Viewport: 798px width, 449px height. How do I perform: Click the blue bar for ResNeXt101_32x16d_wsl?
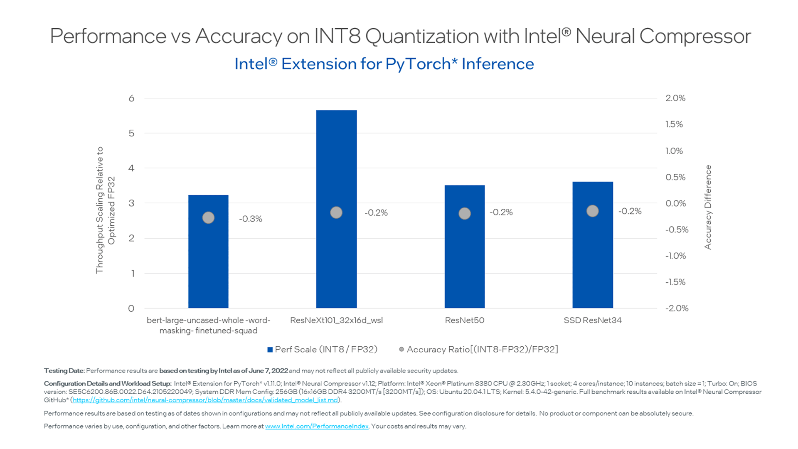[x=336, y=258]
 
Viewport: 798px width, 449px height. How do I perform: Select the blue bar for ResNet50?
[x=464, y=266]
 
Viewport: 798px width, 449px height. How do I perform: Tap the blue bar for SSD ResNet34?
[x=592, y=266]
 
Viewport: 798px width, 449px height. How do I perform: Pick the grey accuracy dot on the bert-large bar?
[x=208, y=217]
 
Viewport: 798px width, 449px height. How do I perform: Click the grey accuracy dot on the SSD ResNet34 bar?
[x=592, y=211]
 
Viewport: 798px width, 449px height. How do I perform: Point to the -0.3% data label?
[x=250, y=219]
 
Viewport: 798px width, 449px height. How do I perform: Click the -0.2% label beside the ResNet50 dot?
[x=501, y=212]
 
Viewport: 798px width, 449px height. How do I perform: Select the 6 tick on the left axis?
[x=131, y=99]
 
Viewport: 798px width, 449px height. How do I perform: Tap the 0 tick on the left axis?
[x=131, y=308]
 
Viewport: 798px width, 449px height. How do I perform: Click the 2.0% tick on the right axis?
[x=675, y=98]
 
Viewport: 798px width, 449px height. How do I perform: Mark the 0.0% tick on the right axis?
[x=675, y=203]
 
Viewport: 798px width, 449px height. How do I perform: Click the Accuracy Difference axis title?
[x=708, y=207]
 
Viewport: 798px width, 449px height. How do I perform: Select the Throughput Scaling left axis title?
[x=105, y=210]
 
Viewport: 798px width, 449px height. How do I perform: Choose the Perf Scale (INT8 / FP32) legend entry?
[x=323, y=350]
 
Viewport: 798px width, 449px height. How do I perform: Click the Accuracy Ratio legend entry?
[x=478, y=350]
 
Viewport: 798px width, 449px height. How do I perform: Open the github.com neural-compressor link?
[x=205, y=400]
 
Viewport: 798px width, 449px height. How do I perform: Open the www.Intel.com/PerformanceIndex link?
[x=317, y=426]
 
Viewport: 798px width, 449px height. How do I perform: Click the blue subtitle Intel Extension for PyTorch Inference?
[x=384, y=64]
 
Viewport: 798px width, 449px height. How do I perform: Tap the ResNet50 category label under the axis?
[x=464, y=320]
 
